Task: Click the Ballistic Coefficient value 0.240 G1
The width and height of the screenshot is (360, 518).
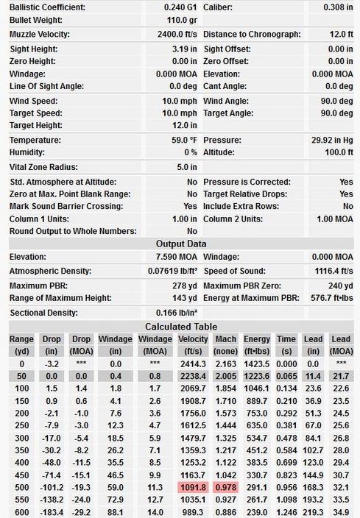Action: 180,7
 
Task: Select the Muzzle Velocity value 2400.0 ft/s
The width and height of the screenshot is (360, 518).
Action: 177,35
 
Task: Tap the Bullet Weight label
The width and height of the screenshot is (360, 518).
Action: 35,20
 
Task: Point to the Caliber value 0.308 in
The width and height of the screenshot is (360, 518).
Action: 338,7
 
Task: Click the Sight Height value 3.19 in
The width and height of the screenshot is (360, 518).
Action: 184,49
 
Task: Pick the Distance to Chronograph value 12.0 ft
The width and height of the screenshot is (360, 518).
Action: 341,35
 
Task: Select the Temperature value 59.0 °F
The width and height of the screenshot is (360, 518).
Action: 184,140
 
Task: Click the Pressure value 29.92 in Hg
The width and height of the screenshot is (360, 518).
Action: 332,140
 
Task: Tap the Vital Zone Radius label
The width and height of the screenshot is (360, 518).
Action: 43,167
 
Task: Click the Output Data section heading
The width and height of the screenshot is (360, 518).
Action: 181,244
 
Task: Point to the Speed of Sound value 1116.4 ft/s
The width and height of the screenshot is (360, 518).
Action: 334,272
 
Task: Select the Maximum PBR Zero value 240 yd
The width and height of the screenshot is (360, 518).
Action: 341,285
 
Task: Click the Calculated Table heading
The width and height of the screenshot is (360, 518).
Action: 181,327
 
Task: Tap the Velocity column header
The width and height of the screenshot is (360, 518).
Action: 193,339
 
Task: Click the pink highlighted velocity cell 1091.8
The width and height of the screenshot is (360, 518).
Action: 193,488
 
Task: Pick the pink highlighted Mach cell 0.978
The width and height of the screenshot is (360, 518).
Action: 226,488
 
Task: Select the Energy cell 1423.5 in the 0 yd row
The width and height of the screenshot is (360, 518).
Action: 256,364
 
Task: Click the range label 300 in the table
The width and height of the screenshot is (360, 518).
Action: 21,439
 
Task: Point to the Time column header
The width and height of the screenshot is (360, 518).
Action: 286,339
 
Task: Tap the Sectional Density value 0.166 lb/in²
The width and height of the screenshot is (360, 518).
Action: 176,313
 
